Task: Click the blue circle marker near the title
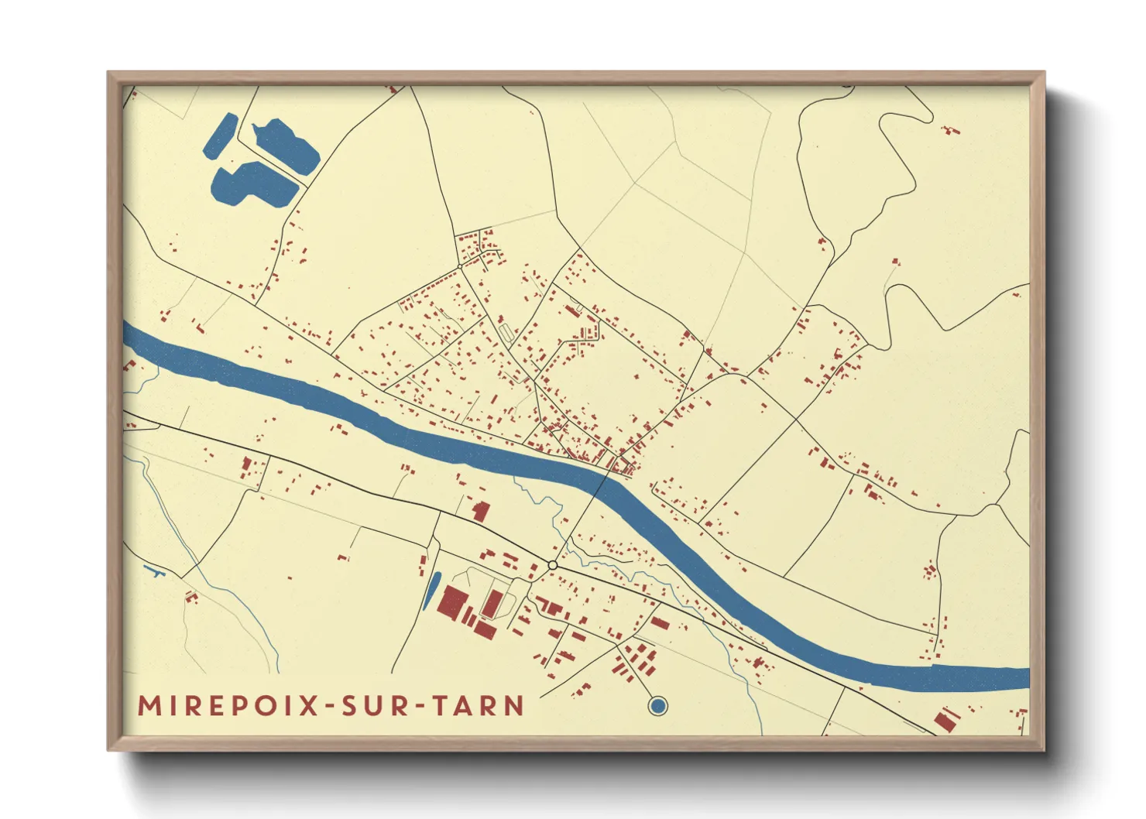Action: tap(657, 705)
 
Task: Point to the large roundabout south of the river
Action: tap(553, 565)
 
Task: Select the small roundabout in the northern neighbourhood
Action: tap(460, 266)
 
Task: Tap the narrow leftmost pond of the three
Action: tap(221, 135)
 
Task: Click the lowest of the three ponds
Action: tap(252, 186)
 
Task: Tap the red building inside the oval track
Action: tap(492, 603)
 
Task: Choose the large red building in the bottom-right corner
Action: tap(945, 719)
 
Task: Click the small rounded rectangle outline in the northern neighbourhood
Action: tap(506, 332)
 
